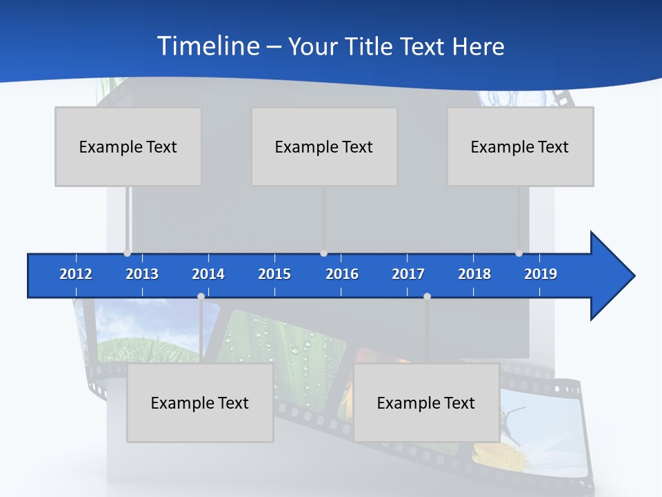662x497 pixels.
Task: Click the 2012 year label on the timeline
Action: point(76,274)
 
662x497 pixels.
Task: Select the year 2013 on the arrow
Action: point(142,274)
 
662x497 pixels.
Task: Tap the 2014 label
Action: point(208,274)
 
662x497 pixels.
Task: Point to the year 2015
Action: point(274,274)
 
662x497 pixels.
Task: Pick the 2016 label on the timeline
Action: point(342,274)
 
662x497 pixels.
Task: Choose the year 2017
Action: point(408,274)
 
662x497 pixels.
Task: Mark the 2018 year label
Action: point(474,274)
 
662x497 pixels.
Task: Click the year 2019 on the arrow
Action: point(541,274)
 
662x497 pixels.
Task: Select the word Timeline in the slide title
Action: point(208,46)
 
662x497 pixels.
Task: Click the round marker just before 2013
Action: point(127,253)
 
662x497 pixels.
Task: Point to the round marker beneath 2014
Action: point(201,297)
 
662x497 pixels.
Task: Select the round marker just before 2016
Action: point(323,253)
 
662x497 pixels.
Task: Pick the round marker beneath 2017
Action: point(427,297)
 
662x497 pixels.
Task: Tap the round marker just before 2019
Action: point(519,253)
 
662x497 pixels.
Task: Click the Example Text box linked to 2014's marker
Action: point(200,402)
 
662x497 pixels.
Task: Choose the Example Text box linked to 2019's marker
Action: point(520,146)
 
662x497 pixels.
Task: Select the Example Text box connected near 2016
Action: point(324,146)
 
